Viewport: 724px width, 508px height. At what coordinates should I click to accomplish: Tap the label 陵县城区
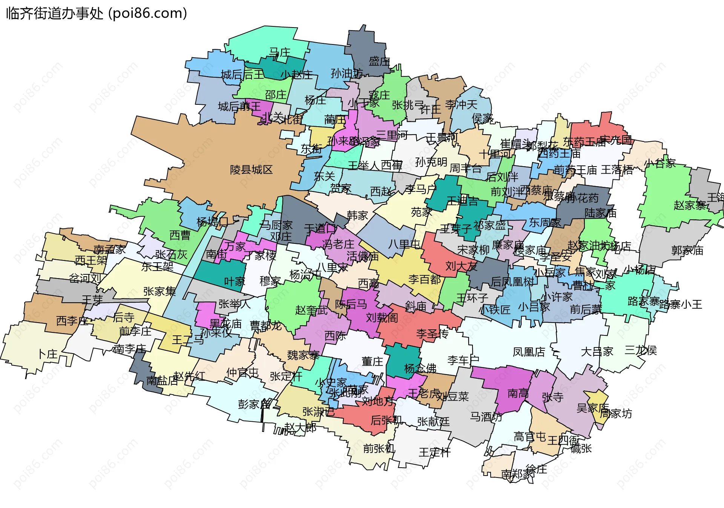pyautogui.click(x=251, y=170)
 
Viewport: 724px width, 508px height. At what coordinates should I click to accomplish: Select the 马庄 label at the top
pyautogui.click(x=279, y=52)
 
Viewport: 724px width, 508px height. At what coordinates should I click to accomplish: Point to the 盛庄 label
pyautogui.click(x=379, y=61)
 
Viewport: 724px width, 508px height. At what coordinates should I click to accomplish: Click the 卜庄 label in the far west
pyautogui.click(x=48, y=354)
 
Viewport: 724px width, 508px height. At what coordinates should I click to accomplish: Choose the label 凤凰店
pyautogui.click(x=529, y=352)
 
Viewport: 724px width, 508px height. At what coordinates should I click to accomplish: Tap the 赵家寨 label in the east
pyautogui.click(x=690, y=206)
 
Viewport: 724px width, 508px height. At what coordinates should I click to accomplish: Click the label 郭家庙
pyautogui.click(x=687, y=251)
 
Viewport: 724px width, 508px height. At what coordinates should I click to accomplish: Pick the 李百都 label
pyautogui.click(x=424, y=280)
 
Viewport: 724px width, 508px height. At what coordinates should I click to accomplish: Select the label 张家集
pyautogui.click(x=160, y=291)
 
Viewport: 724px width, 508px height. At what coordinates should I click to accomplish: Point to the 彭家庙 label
pyautogui.click(x=254, y=404)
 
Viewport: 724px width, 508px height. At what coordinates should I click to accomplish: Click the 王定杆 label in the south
pyautogui.click(x=434, y=452)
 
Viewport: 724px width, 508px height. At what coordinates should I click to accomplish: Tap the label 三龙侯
pyautogui.click(x=640, y=350)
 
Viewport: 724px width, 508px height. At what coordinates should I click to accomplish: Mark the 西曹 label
pyautogui.click(x=180, y=236)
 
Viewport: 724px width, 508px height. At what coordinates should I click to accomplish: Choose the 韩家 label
pyautogui.click(x=357, y=216)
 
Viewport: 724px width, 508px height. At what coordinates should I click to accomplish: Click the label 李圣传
pyautogui.click(x=432, y=334)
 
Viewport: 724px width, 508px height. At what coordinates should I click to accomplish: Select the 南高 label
pyautogui.click(x=518, y=394)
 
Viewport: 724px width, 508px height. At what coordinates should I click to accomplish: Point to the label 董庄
pyautogui.click(x=372, y=362)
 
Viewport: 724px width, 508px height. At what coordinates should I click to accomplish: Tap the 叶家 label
pyautogui.click(x=235, y=281)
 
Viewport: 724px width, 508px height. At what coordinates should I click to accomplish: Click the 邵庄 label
pyautogui.click(x=275, y=95)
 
